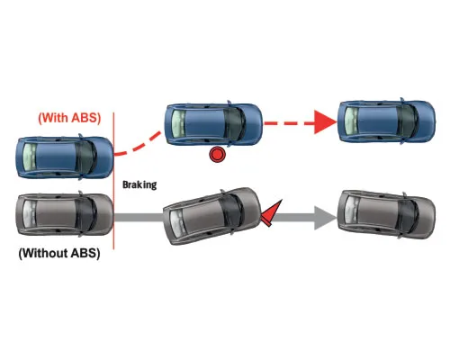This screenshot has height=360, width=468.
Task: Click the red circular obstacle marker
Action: (x=217, y=155)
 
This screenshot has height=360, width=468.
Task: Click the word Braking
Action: (x=139, y=184)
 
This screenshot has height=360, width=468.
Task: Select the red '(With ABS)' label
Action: (x=69, y=118)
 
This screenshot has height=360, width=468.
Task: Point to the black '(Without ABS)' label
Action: (x=59, y=253)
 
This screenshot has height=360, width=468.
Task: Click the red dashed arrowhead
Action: (x=326, y=122)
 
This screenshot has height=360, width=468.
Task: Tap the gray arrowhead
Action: (x=326, y=218)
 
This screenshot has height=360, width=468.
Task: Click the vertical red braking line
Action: (x=113, y=181)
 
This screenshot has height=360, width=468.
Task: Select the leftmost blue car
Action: (x=65, y=157)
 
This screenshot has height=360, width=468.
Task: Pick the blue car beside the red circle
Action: (x=213, y=124)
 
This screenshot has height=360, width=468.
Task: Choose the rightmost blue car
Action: (x=386, y=121)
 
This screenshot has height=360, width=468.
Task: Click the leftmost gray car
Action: (x=65, y=214)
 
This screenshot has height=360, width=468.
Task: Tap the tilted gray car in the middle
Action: (x=212, y=216)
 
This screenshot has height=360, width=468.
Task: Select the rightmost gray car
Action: (x=386, y=214)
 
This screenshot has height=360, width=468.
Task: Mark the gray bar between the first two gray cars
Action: (x=139, y=218)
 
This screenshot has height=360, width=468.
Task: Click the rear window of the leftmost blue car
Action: (x=30, y=157)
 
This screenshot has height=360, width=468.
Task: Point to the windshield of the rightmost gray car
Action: (x=408, y=215)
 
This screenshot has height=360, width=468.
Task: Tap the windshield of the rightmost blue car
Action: (x=408, y=121)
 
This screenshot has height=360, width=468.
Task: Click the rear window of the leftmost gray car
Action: (x=30, y=214)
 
